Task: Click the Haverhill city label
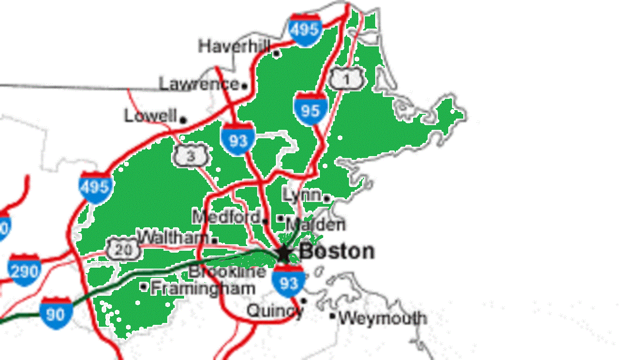tap(234, 46)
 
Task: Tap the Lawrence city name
tap(199, 84)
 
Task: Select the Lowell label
tap(150, 115)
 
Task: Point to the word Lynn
tap(302, 195)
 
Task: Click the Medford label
tap(226, 217)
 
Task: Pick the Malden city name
tap(316, 225)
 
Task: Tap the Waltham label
tap(173, 237)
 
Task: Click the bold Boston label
tap(337, 252)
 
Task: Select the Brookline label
tap(227, 271)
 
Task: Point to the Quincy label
tap(274, 311)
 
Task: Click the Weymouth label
tap(383, 319)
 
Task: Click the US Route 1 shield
tap(346, 78)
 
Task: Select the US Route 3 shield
tap(190, 156)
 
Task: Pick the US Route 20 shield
tap(123, 249)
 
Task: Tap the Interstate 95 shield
tap(310, 109)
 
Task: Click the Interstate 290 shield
tap(24, 270)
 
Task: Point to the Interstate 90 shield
tap(56, 313)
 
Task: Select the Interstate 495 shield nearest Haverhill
tap(305, 30)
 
